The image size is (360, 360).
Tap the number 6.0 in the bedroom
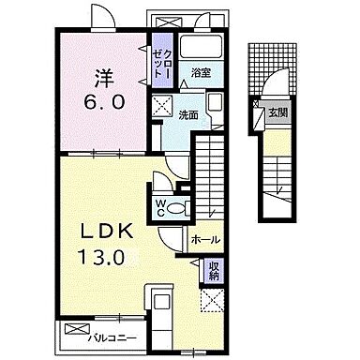(x=104, y=101)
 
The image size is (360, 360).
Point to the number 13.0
(x=101, y=258)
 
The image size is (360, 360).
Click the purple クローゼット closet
(x=162, y=60)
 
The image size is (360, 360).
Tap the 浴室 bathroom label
(x=202, y=73)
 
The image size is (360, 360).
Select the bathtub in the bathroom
(x=202, y=47)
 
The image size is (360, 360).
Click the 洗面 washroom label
(x=188, y=115)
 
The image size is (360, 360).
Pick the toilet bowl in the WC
(x=175, y=207)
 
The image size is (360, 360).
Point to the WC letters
(x=160, y=208)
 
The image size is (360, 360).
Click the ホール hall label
(x=205, y=240)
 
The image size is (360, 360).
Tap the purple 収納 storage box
(x=214, y=270)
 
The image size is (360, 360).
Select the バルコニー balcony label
(x=112, y=337)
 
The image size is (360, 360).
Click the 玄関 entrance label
(x=277, y=112)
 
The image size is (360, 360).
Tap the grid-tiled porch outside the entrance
(x=272, y=69)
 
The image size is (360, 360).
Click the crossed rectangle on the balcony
(x=78, y=329)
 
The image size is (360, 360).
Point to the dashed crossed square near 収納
(x=212, y=300)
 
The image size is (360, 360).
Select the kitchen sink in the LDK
(x=161, y=302)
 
